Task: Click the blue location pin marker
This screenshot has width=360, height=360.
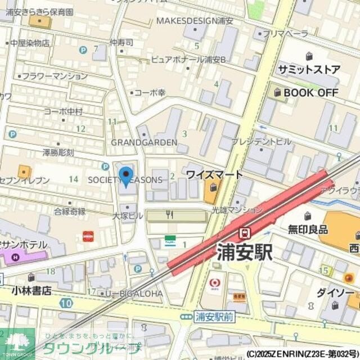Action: (126, 175)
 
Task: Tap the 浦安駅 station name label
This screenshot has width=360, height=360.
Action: (245, 251)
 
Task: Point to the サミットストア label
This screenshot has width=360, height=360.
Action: (309, 70)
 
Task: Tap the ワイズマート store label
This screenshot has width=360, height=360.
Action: (214, 174)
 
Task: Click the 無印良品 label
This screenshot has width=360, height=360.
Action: (308, 229)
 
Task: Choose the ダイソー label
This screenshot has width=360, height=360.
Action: (335, 293)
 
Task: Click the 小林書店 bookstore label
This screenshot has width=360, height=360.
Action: (31, 291)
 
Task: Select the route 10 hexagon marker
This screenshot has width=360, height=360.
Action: (66, 303)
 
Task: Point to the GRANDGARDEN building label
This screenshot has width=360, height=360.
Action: (144, 142)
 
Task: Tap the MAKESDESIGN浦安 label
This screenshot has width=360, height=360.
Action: (195, 21)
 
